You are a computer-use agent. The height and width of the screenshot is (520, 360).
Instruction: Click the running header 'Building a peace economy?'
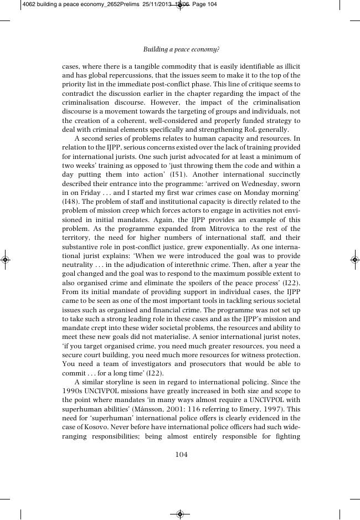[180, 49]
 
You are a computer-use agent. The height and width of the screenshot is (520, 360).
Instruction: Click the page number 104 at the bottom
[181, 455]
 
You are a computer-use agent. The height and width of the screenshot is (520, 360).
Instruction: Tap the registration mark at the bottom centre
[180, 514]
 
